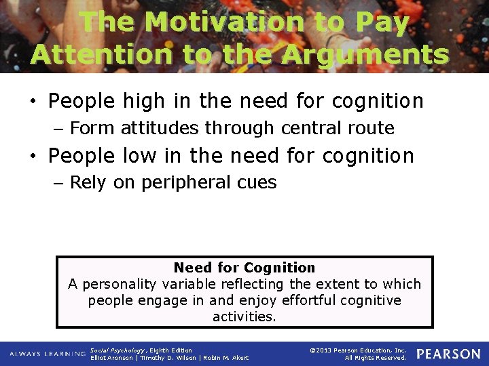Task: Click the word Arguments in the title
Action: click(366, 54)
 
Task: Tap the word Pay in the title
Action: click(382, 22)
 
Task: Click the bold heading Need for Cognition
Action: click(244, 268)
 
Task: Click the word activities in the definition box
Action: click(244, 317)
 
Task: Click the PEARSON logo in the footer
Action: click(448, 354)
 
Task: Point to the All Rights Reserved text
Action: click(375, 358)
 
